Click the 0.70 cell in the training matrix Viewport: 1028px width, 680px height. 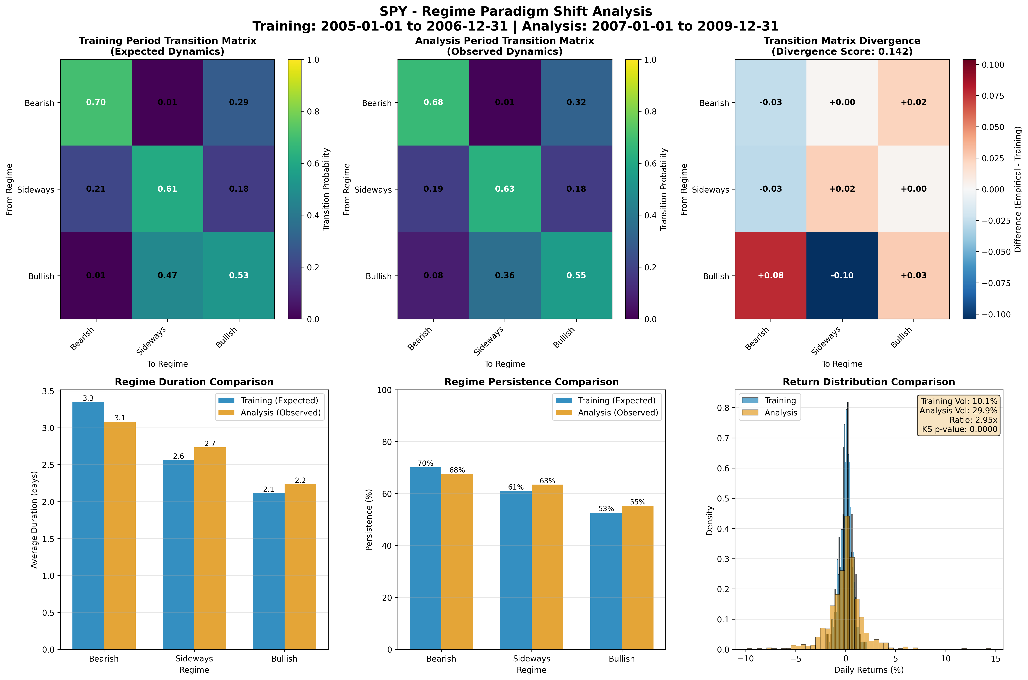click(x=96, y=102)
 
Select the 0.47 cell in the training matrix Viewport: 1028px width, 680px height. click(x=168, y=275)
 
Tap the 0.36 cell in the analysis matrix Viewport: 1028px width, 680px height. click(x=505, y=275)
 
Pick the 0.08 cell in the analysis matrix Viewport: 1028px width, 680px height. click(x=433, y=275)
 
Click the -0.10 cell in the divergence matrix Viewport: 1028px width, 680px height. click(x=842, y=275)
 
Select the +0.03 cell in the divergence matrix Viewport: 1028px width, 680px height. click(x=913, y=275)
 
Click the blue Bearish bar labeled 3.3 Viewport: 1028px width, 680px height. click(x=88, y=525)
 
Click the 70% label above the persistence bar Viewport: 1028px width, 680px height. click(x=425, y=463)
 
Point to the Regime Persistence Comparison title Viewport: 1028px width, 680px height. click(x=531, y=382)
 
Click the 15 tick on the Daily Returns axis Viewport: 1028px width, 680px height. click(x=996, y=658)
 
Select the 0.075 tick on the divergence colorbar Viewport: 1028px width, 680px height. click(x=993, y=96)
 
